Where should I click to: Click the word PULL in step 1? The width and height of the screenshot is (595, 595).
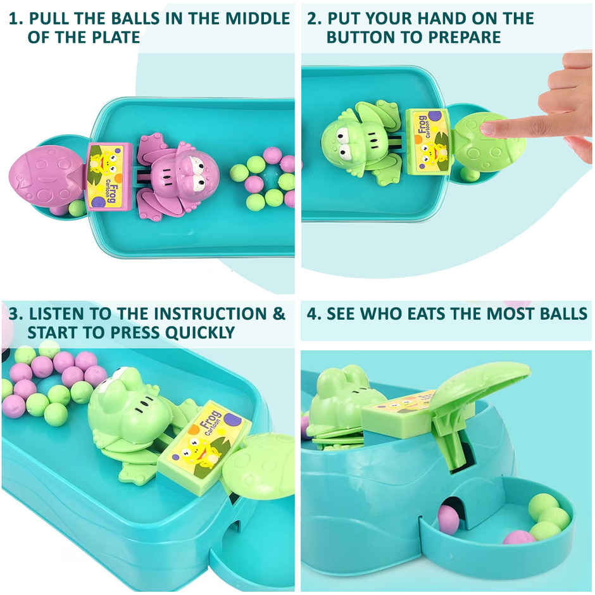pos(53,18)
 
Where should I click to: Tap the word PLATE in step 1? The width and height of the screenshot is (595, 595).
pos(113,37)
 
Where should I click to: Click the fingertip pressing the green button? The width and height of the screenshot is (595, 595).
pos(487,129)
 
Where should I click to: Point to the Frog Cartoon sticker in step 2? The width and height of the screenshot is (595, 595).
pos(429,140)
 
